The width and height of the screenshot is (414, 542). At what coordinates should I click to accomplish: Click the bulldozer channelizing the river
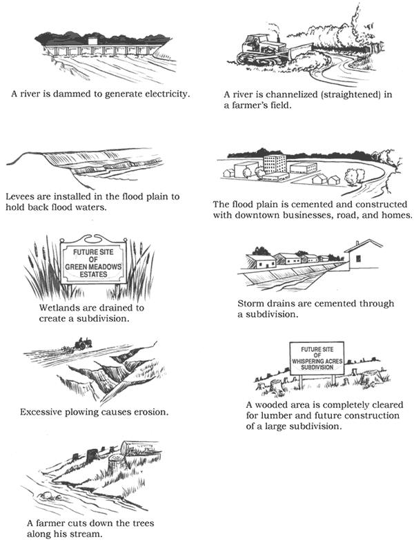[262, 48]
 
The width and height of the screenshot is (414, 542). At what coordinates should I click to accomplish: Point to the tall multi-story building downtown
[274, 164]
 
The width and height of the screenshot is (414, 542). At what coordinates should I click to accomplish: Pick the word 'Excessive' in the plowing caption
[42, 412]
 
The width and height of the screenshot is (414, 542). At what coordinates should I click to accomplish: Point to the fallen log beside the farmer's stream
[133, 448]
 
